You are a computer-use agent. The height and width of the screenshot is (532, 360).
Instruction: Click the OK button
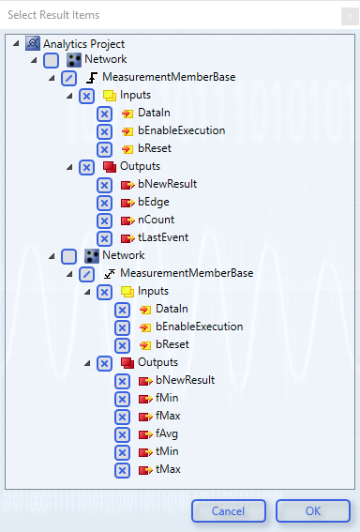[x=312, y=511]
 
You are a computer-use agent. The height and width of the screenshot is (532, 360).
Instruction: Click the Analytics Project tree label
[x=83, y=44]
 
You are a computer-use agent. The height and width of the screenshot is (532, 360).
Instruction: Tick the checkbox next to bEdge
[x=104, y=203]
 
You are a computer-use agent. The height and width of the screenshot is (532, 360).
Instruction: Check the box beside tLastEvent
[x=104, y=238]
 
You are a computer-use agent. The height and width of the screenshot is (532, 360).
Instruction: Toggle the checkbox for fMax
[x=122, y=416]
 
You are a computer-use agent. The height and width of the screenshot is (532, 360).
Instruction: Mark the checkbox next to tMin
[x=122, y=451]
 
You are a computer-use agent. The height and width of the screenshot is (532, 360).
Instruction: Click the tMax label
[x=169, y=469]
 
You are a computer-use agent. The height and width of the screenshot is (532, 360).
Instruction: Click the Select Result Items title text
[x=54, y=15]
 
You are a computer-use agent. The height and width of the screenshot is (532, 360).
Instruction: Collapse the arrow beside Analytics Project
[x=16, y=44]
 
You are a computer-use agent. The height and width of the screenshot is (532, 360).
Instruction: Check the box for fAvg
[x=122, y=433]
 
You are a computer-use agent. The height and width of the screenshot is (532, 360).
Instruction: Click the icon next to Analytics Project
[x=33, y=44]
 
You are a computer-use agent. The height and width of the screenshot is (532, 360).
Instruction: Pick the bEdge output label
[x=154, y=203]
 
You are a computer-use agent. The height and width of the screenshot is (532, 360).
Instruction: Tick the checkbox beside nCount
[x=104, y=220]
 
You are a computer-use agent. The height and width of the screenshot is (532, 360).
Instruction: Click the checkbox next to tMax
[x=122, y=469]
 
